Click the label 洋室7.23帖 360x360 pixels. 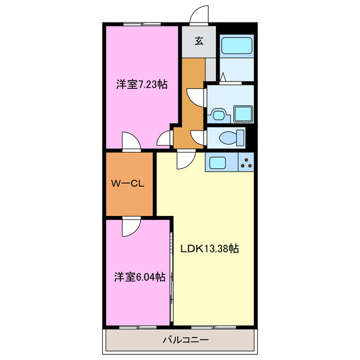coord(141,84)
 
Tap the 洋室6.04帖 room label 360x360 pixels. coord(140,277)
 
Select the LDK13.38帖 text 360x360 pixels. coord(210,248)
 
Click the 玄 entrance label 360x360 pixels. coord(199,40)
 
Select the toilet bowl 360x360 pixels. coord(230,137)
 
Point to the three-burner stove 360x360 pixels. coord(246,163)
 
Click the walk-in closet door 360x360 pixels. coord(130,226)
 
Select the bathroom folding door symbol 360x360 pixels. coord(223,77)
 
